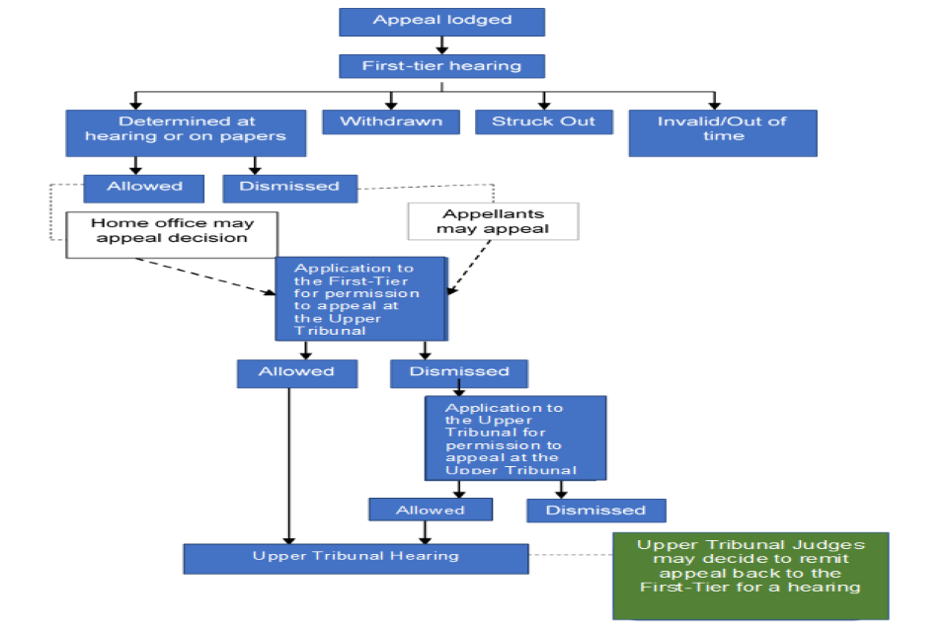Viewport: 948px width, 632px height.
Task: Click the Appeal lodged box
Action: click(x=441, y=21)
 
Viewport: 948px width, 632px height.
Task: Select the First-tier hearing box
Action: click(x=441, y=66)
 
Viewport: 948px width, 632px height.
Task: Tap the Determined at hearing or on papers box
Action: click(x=186, y=132)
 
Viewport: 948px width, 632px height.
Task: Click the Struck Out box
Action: click(x=544, y=121)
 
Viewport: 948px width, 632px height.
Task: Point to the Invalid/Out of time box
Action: click(x=722, y=132)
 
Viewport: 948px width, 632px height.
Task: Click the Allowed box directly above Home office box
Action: click(x=144, y=187)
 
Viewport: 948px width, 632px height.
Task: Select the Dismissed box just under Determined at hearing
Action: click(x=289, y=187)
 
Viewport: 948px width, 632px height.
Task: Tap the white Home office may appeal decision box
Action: click(x=172, y=234)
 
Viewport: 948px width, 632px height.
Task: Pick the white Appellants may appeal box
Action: click(x=493, y=221)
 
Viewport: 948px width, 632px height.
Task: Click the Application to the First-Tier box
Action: click(x=361, y=298)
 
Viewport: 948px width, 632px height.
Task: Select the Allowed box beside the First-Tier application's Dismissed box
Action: click(x=296, y=372)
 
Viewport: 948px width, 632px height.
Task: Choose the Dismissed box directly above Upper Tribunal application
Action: click(x=459, y=372)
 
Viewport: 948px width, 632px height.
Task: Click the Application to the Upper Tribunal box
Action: click(x=514, y=437)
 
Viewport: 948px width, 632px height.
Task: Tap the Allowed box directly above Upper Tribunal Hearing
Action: click(x=430, y=510)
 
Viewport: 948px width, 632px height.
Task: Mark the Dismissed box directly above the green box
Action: click(x=595, y=510)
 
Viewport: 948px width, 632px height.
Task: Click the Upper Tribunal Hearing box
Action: click(x=355, y=557)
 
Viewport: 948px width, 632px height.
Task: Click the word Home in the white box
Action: click(x=113, y=223)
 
